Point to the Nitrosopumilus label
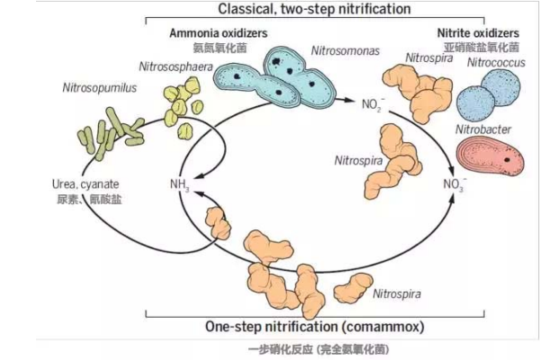click(x=79, y=90)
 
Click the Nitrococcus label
click(x=493, y=63)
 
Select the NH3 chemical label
click(x=179, y=185)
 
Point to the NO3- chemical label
click(x=454, y=185)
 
